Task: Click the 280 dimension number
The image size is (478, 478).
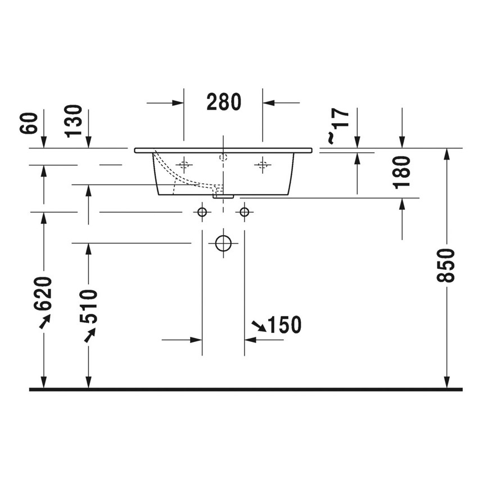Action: [223, 102]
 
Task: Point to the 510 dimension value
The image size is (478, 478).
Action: [88, 306]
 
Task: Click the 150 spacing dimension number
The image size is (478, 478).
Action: [284, 324]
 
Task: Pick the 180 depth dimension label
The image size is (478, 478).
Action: [403, 172]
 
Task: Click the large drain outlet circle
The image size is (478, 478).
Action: [223, 243]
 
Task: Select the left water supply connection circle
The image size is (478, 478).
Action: [202, 212]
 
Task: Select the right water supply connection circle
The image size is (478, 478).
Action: [244, 212]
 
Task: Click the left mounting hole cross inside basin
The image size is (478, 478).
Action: [183, 165]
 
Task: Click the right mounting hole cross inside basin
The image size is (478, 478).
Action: [262, 165]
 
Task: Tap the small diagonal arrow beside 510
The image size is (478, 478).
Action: [89, 333]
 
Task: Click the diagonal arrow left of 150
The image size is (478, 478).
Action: [259, 324]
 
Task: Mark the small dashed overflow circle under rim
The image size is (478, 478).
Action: [223, 157]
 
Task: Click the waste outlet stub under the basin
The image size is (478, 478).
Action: [223, 196]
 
